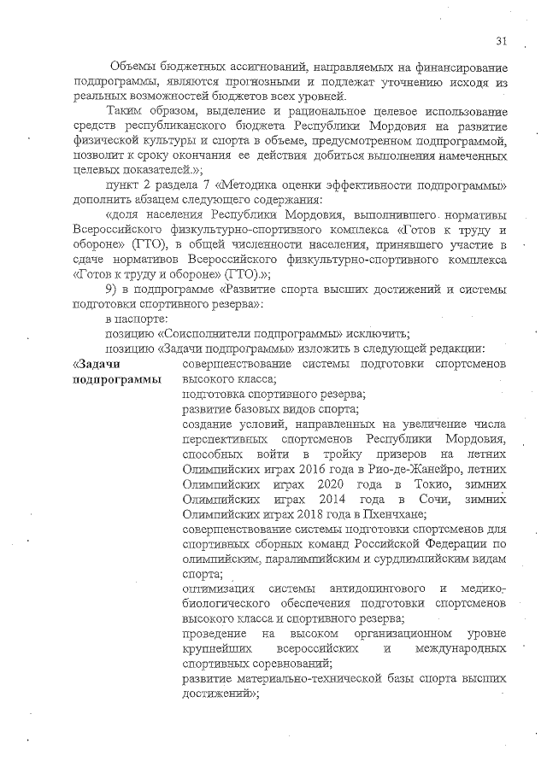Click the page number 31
point(501,40)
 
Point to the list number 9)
point(111,290)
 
